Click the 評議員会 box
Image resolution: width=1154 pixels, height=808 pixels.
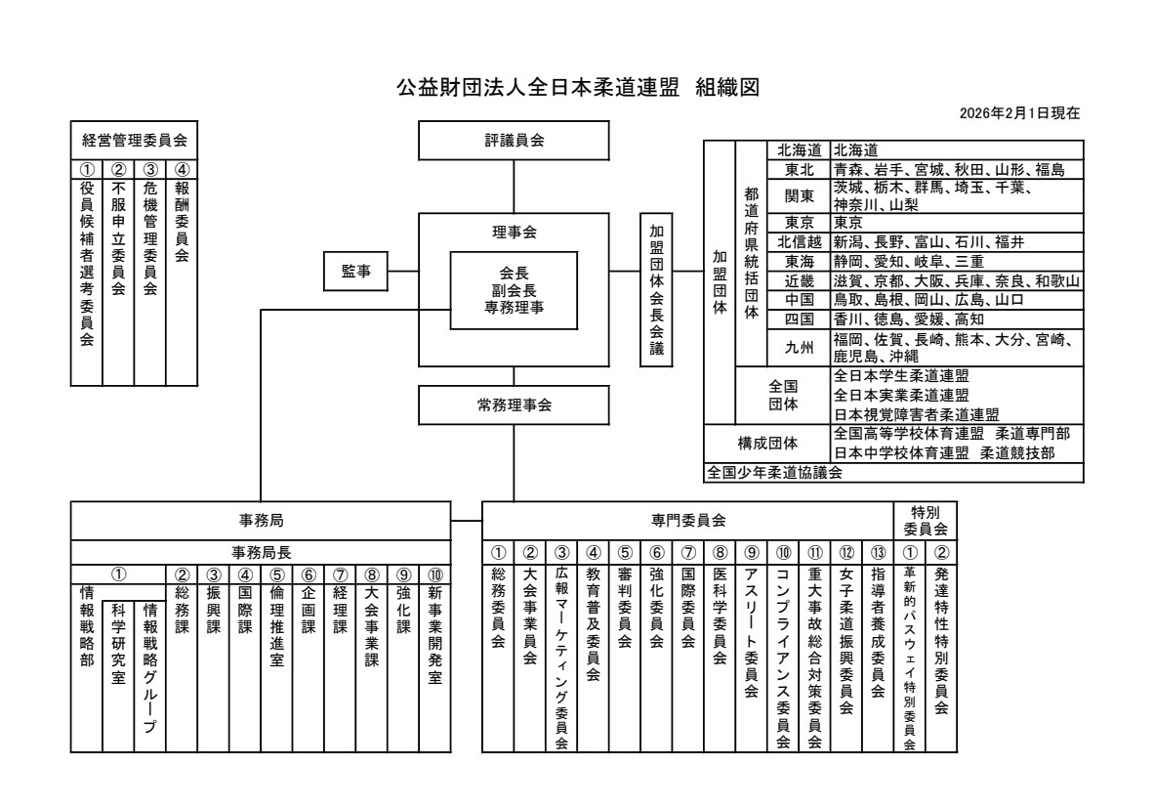coord(514,140)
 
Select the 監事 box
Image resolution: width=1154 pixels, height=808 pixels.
coord(356,271)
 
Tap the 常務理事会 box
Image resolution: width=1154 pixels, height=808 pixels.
coord(514,404)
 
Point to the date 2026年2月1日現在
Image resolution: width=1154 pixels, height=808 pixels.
coord(1020,113)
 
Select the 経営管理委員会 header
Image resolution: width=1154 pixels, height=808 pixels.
coord(134,139)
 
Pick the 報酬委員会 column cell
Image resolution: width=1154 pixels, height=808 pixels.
coord(182,220)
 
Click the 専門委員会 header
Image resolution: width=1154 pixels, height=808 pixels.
coord(688,522)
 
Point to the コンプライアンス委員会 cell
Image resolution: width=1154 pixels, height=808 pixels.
coord(782,664)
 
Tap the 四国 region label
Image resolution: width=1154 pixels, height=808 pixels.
coord(797,319)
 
